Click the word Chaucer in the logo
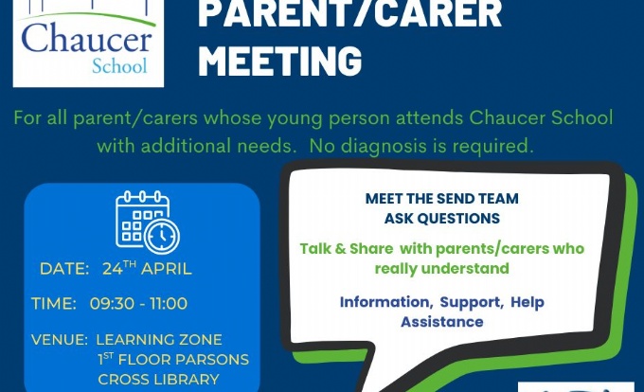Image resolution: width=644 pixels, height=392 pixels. point(87,38)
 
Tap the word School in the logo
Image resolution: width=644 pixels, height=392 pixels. point(119,65)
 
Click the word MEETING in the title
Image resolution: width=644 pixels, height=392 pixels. point(279,61)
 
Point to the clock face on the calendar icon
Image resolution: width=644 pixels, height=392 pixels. point(162,237)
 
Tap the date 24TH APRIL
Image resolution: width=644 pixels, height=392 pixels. point(147,268)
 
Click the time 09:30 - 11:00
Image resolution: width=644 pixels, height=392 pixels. point(138,304)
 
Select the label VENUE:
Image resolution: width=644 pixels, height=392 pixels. point(59,340)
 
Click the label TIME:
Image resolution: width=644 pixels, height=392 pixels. point(54,304)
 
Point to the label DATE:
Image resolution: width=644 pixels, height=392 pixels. point(64,269)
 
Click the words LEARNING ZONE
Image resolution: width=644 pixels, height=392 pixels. point(159,340)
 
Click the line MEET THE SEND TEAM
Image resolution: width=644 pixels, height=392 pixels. point(442,199)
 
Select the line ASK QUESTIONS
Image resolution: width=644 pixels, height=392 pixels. point(442,219)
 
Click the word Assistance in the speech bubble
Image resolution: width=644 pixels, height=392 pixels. point(442,322)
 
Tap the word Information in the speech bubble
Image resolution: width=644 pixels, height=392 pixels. point(386,302)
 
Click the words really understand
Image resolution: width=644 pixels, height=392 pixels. point(442,269)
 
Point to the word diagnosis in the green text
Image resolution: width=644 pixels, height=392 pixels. point(384,147)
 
